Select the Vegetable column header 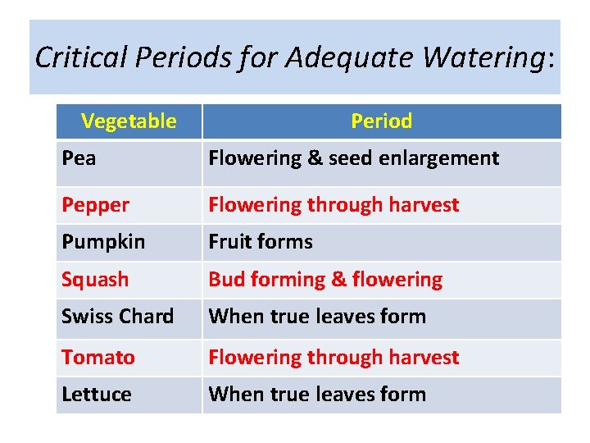tap(129, 121)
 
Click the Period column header tap(381, 121)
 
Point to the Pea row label tap(79, 158)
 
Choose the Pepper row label tap(95, 205)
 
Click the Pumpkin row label tap(102, 242)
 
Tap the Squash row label tap(95, 280)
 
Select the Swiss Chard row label tap(117, 317)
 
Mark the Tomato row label tap(98, 358)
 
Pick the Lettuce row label tap(96, 395)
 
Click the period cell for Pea tap(353, 158)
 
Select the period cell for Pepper tap(334, 205)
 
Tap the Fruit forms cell tap(261, 242)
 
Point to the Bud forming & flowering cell tap(325, 280)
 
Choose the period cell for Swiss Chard tap(317, 317)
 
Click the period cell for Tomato tap(334, 358)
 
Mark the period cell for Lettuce tap(317, 395)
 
